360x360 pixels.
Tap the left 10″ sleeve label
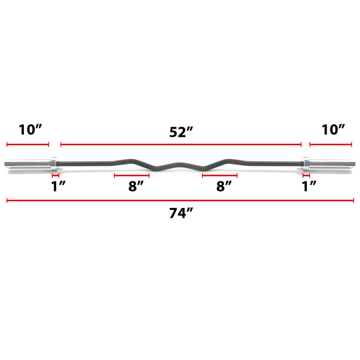pos(30,130)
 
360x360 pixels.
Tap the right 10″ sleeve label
pos(333,130)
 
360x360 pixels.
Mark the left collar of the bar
pos(54,164)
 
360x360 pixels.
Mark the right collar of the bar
pos(305,164)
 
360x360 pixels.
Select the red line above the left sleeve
pos(27,145)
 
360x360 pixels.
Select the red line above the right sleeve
pos(330,145)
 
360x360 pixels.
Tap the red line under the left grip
pos(131,175)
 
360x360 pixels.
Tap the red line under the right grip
pos(220,175)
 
